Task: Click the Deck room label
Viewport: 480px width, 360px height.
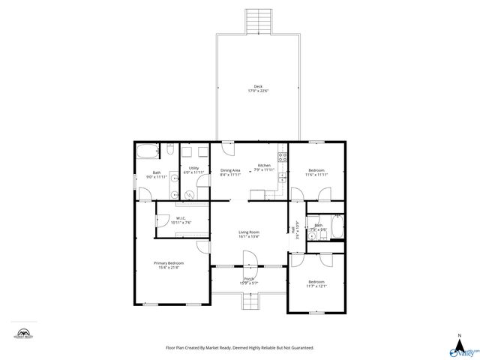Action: point(258,86)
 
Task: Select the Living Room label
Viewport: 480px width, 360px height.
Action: point(249,232)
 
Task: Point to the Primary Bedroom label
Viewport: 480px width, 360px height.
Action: point(169,263)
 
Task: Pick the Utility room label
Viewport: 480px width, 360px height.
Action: point(193,168)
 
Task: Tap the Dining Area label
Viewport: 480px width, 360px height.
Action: point(230,170)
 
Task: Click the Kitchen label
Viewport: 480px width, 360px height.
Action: point(264,165)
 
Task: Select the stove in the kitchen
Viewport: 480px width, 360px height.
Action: point(283,157)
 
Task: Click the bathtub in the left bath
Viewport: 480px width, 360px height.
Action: point(147,151)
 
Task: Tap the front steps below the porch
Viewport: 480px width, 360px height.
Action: point(249,301)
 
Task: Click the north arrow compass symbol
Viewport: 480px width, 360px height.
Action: point(458,341)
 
